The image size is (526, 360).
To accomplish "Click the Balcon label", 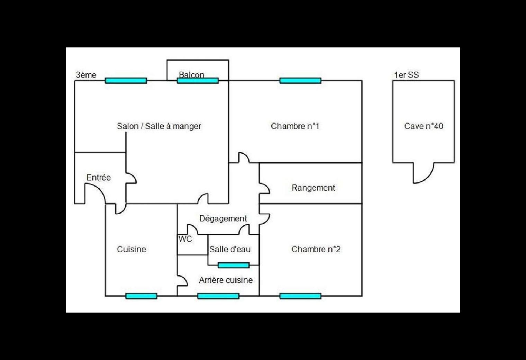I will coord(191,74).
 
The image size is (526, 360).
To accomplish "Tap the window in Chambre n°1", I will coord(300,81).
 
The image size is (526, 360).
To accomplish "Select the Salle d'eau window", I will coord(234,265).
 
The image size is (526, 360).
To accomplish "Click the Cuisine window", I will coord(141,296).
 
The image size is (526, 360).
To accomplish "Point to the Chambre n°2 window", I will coord(300,296).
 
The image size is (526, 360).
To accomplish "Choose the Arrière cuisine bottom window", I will coord(218,296).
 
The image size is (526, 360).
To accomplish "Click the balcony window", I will coord(198,81).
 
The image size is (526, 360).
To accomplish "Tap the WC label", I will coord(185,239).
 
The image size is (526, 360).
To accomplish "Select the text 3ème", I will coord(86,75).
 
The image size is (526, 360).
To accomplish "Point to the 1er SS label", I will coord(406,75).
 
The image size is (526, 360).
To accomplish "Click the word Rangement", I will coord(313,188).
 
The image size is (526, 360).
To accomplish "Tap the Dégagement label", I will coord(223,218).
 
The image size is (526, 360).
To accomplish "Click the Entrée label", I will coord(99,178).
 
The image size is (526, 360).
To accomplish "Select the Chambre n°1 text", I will coord(295,126).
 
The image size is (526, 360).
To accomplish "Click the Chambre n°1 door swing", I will coord(244,157).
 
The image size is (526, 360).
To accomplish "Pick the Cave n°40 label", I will coord(424,126).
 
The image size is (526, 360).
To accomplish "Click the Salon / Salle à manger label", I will coord(159,126).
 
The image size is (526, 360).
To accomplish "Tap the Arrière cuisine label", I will coord(226,280).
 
